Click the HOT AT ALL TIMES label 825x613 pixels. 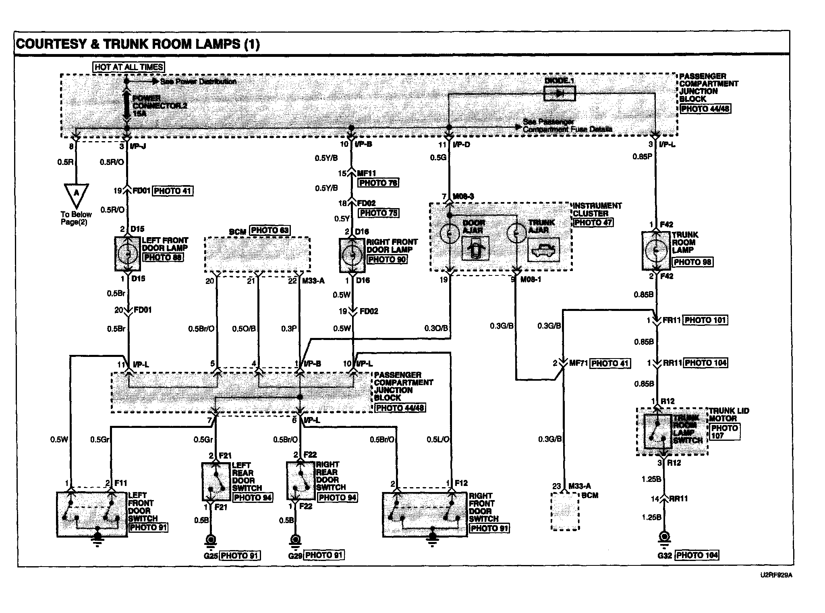coord(129,67)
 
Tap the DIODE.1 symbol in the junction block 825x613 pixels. coord(560,94)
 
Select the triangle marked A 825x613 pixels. coord(76,194)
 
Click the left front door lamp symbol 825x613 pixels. coord(128,254)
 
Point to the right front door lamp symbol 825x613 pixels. coord(352,255)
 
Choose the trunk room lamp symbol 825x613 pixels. coord(656,250)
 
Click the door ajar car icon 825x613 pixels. coord(475,249)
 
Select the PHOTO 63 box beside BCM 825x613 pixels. coord(270,230)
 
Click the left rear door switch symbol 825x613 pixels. coord(216,481)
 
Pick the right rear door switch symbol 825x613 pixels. coord(301,481)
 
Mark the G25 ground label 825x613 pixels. coord(211,556)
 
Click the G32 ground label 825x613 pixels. coord(665,555)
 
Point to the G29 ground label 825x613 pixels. coord(295,556)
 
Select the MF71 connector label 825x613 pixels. coord(578,363)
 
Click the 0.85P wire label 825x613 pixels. coord(642,157)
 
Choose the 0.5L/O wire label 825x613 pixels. coord(438,440)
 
